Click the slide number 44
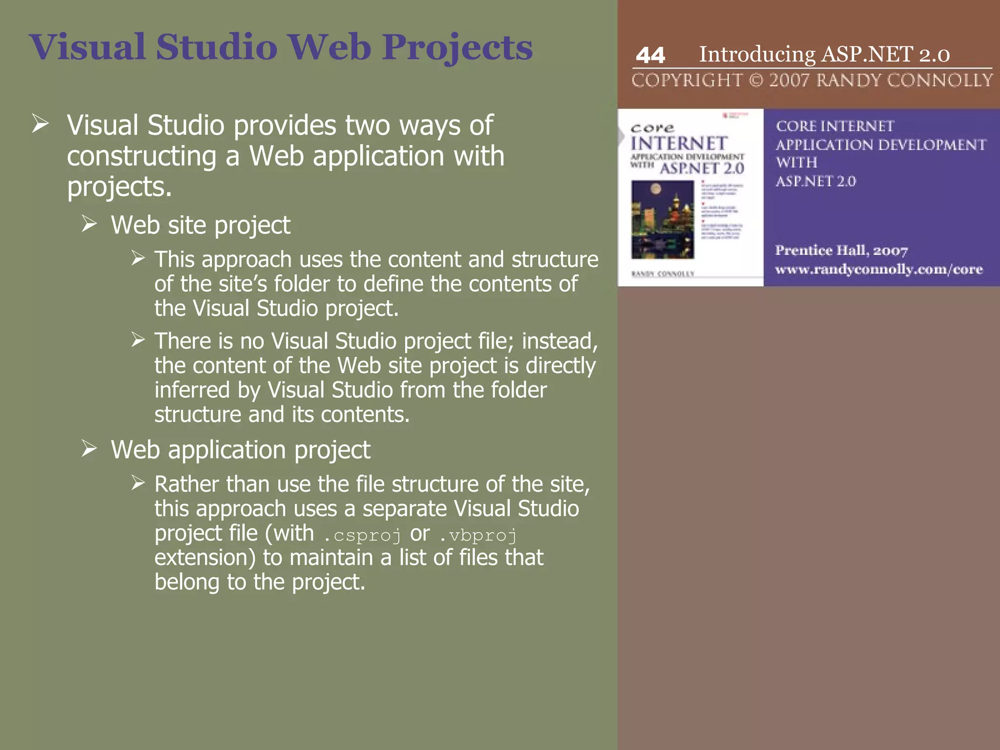(650, 55)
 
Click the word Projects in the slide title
(457, 48)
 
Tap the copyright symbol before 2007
(756, 80)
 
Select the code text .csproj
(362, 535)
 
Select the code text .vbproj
(478, 535)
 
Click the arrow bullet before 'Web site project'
(89, 224)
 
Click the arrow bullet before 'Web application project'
(89, 448)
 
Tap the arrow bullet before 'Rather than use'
(138, 483)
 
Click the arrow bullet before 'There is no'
(138, 339)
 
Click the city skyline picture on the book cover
(663, 219)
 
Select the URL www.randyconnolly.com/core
(878, 270)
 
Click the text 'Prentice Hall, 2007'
(841, 250)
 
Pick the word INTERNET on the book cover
(679, 144)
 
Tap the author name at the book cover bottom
(663, 274)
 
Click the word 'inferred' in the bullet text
(192, 390)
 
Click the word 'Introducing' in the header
(757, 54)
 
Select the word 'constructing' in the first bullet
(142, 156)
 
